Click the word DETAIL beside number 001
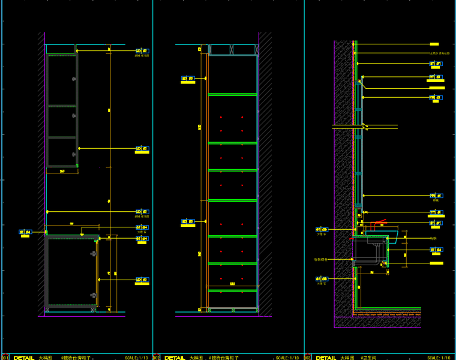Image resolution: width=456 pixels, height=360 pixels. (24, 358)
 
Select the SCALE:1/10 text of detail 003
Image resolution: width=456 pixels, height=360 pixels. (439, 358)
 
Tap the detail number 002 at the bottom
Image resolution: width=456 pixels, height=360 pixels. (156, 358)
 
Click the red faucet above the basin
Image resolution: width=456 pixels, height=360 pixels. (377, 224)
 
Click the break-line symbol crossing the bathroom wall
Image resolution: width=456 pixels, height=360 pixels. (364, 126)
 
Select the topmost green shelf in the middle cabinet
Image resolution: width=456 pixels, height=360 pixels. (232, 94)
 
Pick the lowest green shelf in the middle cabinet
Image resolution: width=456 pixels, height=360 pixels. (232, 290)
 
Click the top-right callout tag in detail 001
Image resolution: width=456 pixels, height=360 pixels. (142, 52)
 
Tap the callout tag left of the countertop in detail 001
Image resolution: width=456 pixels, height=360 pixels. (25, 232)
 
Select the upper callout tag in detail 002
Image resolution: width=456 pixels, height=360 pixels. (188, 78)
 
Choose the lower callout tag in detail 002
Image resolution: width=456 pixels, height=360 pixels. (188, 222)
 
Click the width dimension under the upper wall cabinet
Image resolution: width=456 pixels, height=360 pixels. (62, 172)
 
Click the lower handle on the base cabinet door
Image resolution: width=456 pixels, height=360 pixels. (94, 295)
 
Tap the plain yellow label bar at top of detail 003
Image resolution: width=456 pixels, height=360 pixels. (434, 44)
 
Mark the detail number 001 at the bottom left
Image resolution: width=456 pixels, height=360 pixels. (5, 358)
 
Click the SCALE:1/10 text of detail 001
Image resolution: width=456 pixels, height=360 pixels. (137, 358)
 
